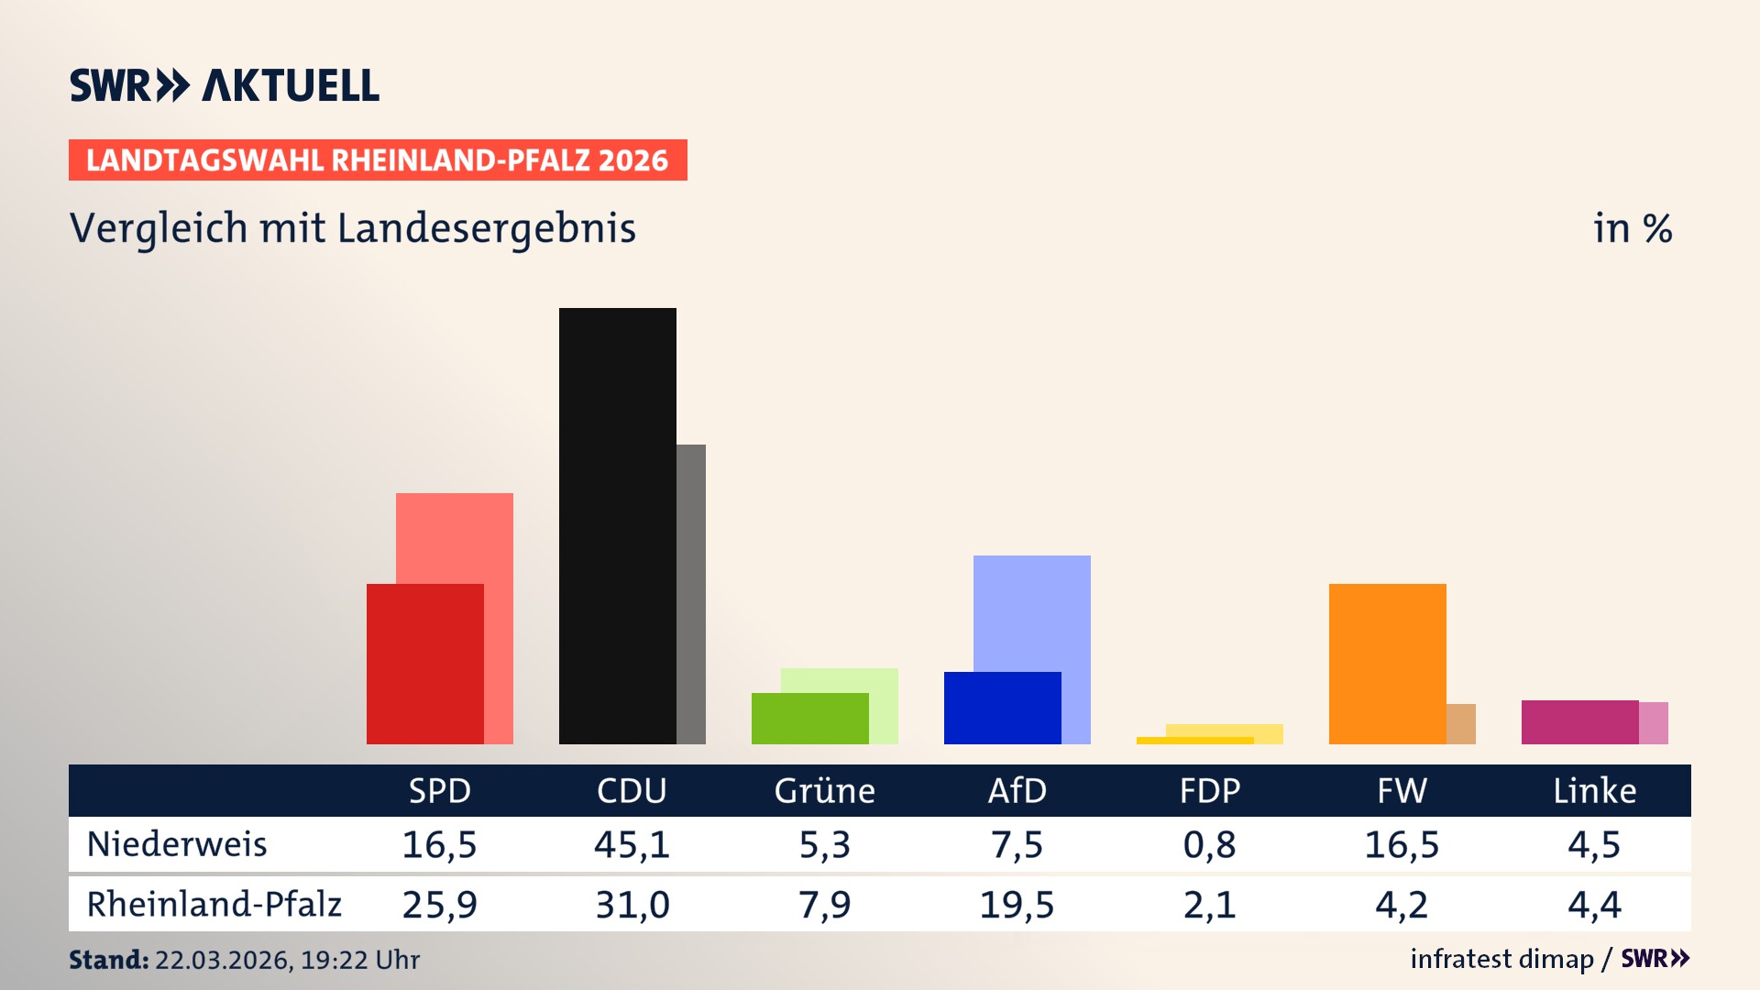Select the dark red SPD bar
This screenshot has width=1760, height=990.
click(424, 664)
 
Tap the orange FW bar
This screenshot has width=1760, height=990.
click(1387, 664)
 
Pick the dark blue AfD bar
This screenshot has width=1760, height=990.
click(1002, 708)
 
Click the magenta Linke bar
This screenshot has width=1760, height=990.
click(1579, 722)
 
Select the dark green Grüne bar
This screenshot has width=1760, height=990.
click(809, 719)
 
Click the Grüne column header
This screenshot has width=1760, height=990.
click(824, 791)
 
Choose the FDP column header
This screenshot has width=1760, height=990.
click(1209, 791)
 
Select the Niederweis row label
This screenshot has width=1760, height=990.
click(177, 844)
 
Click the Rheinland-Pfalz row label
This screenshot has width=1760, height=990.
click(214, 905)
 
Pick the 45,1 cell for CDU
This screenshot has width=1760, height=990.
click(632, 844)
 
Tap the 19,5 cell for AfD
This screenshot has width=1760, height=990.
click(1017, 905)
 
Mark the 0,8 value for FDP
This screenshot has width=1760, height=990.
click(1209, 844)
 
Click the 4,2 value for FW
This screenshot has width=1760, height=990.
click(1402, 905)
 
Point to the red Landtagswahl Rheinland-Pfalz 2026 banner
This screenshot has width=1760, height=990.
click(378, 160)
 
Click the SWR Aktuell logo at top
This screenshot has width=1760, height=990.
click(225, 85)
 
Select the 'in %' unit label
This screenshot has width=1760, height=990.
click(1632, 229)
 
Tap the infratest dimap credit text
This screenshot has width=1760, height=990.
click(1501, 959)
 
